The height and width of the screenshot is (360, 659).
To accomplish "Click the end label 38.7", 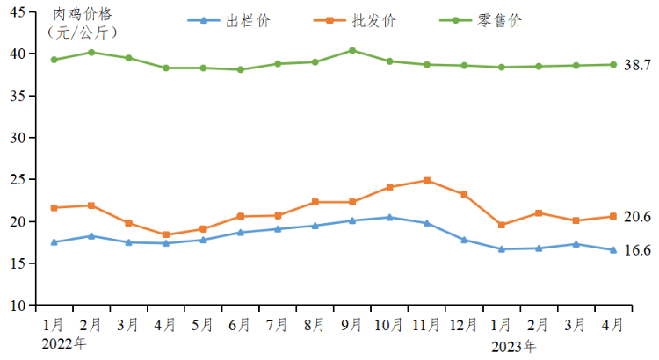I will (x=637, y=65).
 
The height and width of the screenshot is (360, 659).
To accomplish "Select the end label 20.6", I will (x=637, y=217).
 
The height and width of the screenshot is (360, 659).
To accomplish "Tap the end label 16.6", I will (x=637, y=250).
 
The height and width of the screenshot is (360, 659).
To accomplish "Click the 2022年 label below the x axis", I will (x=64, y=343).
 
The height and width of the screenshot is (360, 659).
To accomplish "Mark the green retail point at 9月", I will (x=352, y=50).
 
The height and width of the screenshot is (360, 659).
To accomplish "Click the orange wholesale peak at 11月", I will (x=427, y=180).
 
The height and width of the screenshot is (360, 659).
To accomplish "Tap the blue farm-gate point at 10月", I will (x=390, y=217).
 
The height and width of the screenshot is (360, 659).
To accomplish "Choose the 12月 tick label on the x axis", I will (x=464, y=325).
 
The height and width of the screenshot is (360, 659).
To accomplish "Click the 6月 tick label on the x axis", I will (x=241, y=325).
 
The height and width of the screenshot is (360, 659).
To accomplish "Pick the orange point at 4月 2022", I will (x=166, y=234).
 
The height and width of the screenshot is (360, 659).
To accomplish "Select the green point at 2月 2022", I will (x=91, y=52).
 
